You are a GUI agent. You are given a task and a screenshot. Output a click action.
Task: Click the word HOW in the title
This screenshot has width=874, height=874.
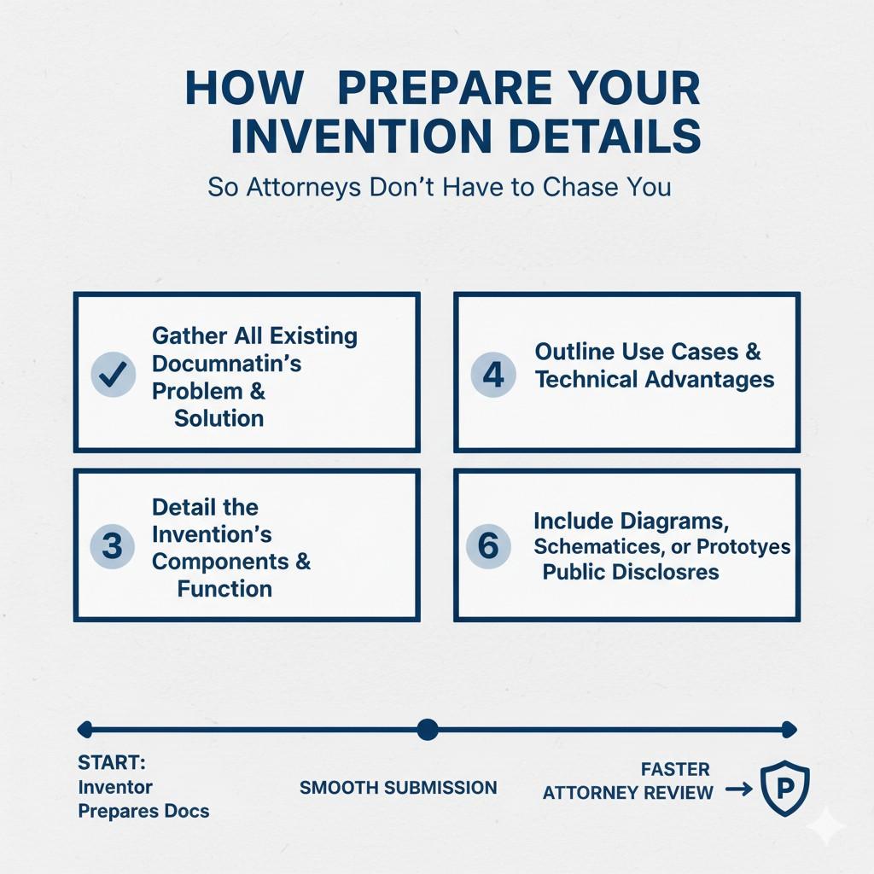coord(244,88)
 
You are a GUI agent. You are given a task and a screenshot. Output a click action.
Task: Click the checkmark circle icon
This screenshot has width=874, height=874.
coord(114,374)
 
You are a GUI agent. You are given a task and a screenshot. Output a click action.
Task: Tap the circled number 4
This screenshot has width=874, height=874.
coord(493,374)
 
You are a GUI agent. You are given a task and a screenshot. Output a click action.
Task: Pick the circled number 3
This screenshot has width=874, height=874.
coord(112,545)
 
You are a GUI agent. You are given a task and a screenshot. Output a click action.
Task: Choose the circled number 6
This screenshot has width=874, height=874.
coord(488,545)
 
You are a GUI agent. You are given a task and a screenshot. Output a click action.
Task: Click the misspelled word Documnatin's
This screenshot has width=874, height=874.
coord(226,364)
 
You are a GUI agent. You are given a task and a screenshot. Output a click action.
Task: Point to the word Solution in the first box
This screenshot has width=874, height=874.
coord(219,418)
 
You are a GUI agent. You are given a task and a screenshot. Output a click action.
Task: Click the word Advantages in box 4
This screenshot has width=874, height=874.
coord(709,380)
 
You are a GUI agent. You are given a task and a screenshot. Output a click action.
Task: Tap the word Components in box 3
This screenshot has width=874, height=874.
coord(220,562)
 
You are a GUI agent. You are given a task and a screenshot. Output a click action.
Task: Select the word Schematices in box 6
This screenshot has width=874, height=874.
coord(600,547)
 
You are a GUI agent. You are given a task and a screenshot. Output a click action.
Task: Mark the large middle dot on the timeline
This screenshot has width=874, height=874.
coord(428,729)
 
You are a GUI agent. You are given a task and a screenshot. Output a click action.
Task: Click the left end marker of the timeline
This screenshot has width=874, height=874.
coord(84,729)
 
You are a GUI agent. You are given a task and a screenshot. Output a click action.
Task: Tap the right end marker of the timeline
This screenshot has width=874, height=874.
coord(790,729)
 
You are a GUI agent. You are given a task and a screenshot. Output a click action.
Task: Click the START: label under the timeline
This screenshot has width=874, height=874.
coord(112,762)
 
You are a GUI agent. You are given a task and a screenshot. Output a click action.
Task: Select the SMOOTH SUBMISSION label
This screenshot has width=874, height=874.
coord(398,788)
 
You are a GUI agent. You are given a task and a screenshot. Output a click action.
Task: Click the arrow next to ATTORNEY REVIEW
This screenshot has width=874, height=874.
coord(739,790)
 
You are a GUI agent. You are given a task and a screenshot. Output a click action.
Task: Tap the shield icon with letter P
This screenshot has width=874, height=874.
coord(785,788)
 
